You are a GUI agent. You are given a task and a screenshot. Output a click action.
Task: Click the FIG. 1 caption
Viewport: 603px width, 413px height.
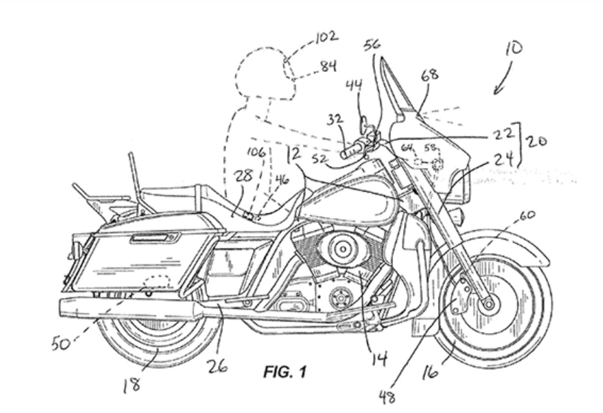(284, 372)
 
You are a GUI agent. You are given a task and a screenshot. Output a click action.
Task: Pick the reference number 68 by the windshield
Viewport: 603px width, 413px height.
(430, 75)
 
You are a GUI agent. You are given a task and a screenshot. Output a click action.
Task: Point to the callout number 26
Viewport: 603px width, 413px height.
(217, 365)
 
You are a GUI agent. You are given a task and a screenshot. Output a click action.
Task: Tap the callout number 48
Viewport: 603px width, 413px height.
(387, 397)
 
